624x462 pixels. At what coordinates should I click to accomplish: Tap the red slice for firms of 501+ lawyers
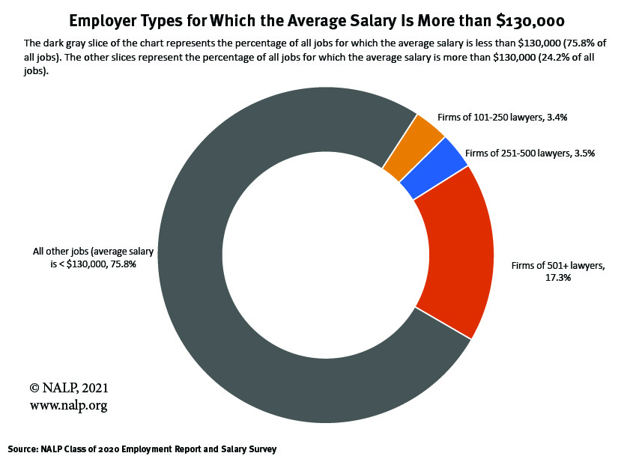[x=453, y=251]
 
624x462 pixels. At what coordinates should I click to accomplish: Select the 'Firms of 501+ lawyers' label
[x=557, y=265]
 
